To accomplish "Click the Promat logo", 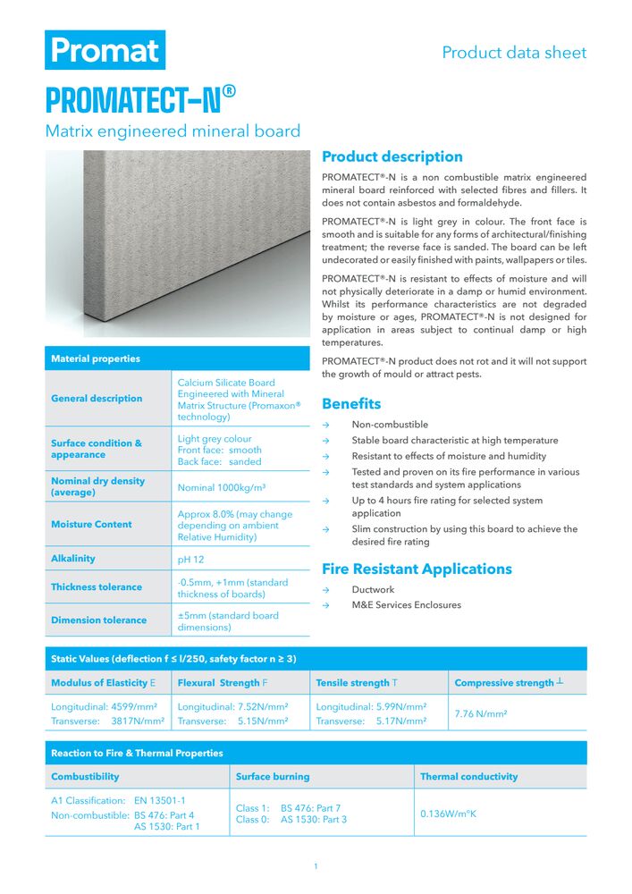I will (x=105, y=50).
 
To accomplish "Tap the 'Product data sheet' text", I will (x=514, y=53).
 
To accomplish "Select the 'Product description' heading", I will (x=392, y=156).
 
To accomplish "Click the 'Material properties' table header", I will (x=96, y=358).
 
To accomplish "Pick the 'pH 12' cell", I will (x=191, y=559).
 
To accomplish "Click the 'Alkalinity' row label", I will (x=73, y=559).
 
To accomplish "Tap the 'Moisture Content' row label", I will (x=91, y=525).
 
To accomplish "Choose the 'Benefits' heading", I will (x=351, y=403).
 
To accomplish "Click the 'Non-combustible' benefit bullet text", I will (x=390, y=425).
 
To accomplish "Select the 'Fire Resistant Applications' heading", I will (x=417, y=569).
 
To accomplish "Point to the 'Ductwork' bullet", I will (x=373, y=590).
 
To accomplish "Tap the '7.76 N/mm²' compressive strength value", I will (x=481, y=713).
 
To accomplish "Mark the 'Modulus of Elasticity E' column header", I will (x=104, y=683).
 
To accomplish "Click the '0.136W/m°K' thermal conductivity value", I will (x=449, y=814).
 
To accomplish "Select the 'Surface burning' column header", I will (x=273, y=777).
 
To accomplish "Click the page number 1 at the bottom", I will (x=316, y=866).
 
